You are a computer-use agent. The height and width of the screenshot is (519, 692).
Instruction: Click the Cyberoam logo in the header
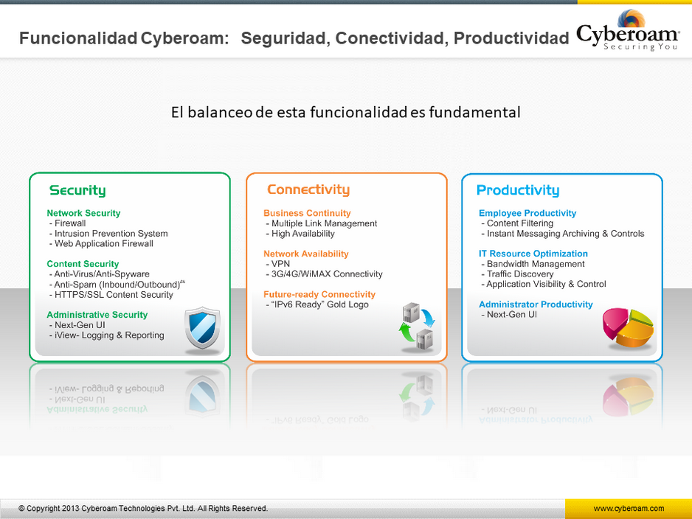pos(628,31)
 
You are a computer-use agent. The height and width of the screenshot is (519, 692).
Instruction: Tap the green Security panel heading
pos(77,190)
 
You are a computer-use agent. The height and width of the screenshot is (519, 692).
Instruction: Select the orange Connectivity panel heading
pos(308,189)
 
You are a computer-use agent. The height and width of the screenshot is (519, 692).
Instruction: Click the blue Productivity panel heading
pos(518,190)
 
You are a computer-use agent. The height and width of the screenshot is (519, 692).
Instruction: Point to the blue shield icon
pos(203,327)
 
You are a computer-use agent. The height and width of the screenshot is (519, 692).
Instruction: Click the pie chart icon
pos(628,327)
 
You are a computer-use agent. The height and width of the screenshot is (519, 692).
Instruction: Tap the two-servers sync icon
pos(417,327)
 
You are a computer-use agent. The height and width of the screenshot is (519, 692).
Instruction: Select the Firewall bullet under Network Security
pos(68,223)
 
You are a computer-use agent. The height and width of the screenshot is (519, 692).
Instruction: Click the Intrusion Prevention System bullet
pos(108,233)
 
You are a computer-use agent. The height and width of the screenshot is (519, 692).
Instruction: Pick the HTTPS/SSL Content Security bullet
pos(111,295)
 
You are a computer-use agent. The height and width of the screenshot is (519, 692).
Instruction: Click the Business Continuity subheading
pos(307,213)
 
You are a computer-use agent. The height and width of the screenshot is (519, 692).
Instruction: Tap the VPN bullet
pos(278,264)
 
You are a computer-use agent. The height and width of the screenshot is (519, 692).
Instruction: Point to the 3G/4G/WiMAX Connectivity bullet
pos(325,274)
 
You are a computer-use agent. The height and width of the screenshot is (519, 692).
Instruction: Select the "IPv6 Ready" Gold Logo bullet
pos(317,304)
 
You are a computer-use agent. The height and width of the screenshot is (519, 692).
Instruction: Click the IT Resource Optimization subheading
pos(533,254)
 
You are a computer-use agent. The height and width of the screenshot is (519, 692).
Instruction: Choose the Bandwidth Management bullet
pos(533,264)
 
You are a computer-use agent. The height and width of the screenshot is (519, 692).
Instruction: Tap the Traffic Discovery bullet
pos(517,274)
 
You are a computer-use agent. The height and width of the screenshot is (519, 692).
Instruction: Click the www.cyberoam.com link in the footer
pos(629,509)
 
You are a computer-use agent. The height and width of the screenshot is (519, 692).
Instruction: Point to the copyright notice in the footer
pos(143,509)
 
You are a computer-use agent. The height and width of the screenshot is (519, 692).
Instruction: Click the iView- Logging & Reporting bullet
pos(107,335)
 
